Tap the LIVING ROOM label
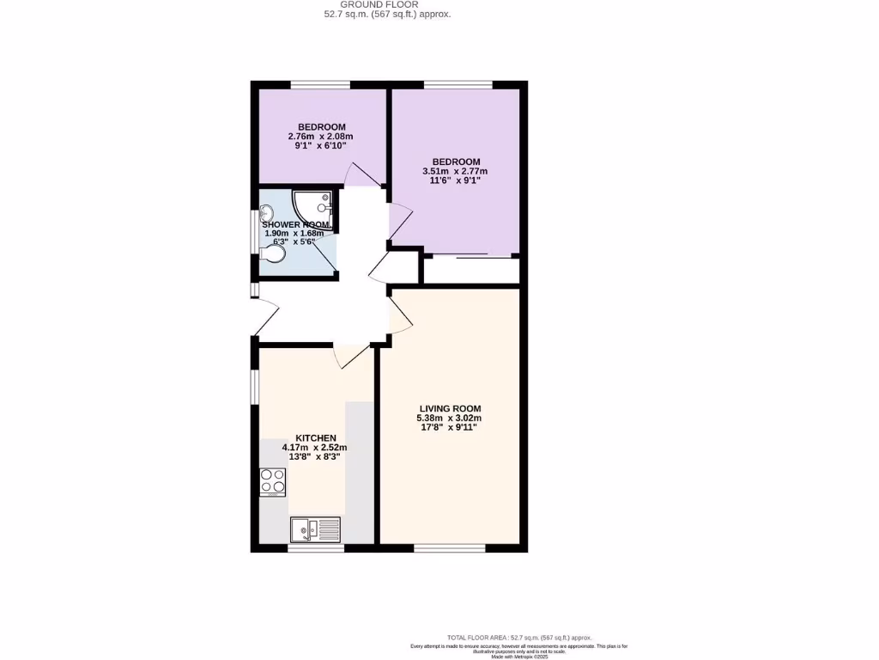coord(450,408)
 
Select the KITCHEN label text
coord(316,437)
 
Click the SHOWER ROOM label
coord(296,224)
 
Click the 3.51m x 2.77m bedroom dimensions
coord(455,171)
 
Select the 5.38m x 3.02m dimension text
coord(450,419)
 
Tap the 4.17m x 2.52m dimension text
coord(315,448)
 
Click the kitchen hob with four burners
coord(273,482)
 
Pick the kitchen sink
coord(315,529)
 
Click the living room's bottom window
coord(449,547)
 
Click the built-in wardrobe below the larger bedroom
coord(471,270)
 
